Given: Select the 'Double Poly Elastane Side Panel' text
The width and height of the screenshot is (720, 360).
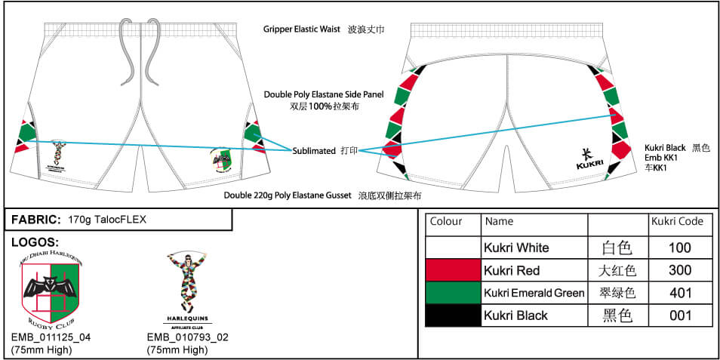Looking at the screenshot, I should tap(324, 94).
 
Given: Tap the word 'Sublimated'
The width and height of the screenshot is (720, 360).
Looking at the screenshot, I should tap(313, 151).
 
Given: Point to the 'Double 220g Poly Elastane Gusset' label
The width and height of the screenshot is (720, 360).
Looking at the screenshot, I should tap(288, 195).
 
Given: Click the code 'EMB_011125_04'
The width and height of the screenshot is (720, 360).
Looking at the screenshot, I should tap(51, 337).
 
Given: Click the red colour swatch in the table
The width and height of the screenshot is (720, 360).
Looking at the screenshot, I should tap(453, 270).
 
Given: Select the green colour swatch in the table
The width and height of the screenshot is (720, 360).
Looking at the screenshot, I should tap(453, 293).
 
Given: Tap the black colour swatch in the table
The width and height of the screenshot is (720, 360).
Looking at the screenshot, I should tap(453, 315).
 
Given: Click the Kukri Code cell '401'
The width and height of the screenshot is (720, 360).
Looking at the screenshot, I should tap(679, 293).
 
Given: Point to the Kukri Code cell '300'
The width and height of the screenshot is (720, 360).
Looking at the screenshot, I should tap(679, 270).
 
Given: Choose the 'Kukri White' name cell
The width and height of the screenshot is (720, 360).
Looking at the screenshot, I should tap(517, 248).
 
